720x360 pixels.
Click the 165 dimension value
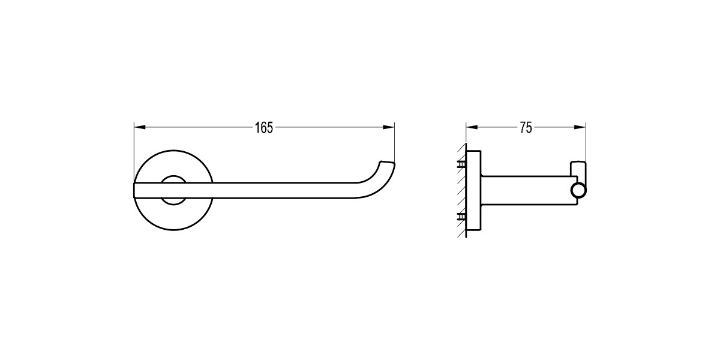[x=264, y=128]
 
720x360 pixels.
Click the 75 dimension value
[x=526, y=128]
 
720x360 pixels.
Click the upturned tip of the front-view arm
[x=386, y=166]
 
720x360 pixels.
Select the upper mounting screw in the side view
[x=461, y=163]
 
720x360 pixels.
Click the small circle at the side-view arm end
[x=579, y=191]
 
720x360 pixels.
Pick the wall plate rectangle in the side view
[x=474, y=190]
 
